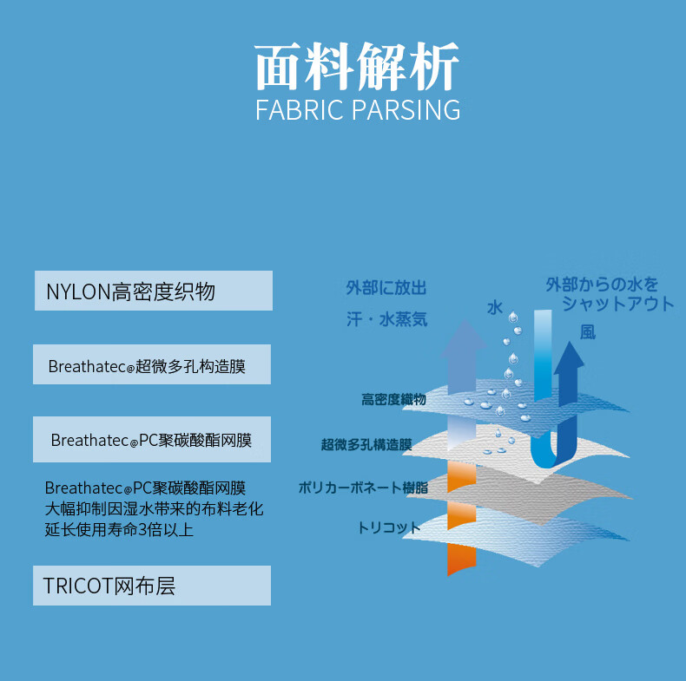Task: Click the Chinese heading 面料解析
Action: tap(357, 68)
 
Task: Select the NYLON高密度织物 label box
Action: tap(153, 291)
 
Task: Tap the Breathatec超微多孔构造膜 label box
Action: tap(152, 364)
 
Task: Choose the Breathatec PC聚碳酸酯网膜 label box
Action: tap(152, 439)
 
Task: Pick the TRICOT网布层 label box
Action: tap(152, 586)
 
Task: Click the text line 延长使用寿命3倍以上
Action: tap(119, 529)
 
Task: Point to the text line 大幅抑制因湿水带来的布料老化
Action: tap(154, 508)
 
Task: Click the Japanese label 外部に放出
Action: tap(386, 288)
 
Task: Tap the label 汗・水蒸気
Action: tap(386, 319)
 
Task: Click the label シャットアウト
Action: tap(617, 304)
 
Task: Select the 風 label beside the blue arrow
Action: tap(588, 332)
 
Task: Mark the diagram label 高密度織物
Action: tap(393, 400)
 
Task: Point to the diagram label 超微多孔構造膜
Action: tap(366, 445)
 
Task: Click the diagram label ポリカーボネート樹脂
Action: tap(363, 488)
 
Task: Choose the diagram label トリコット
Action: tap(388, 527)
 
